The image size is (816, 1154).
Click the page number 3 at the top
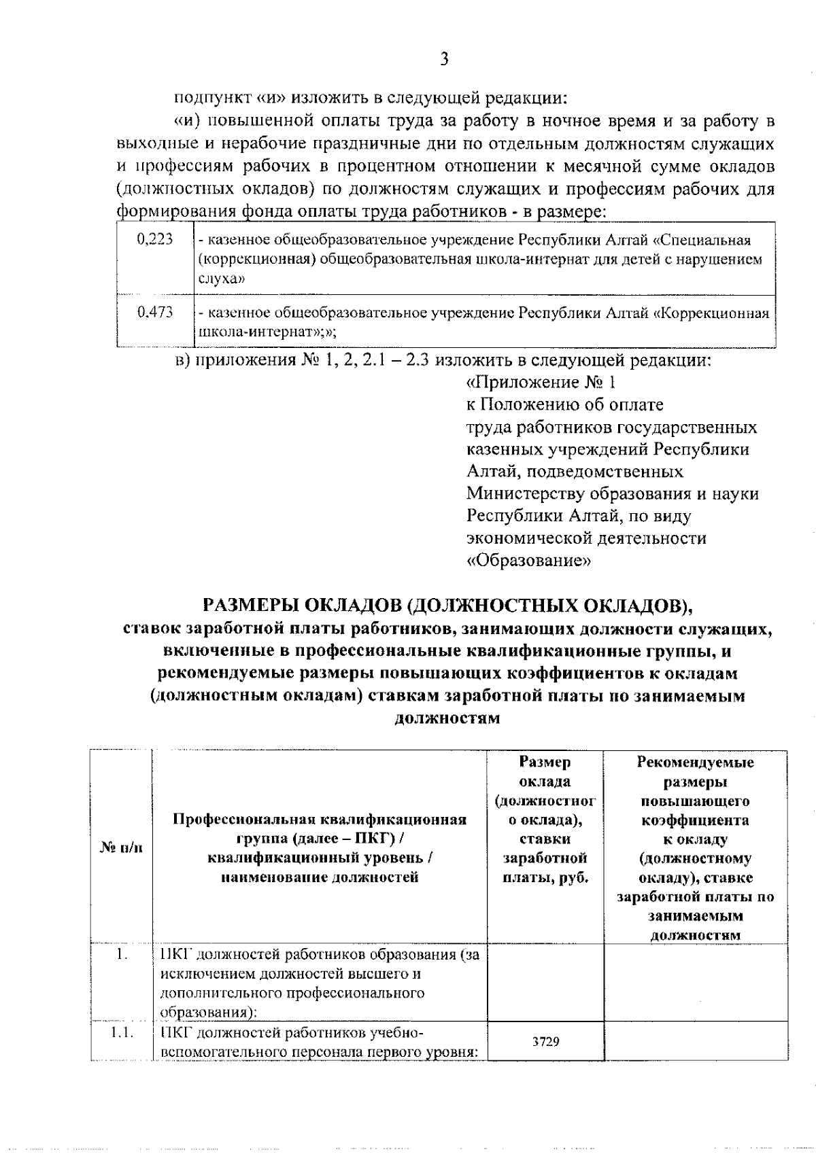click(x=443, y=59)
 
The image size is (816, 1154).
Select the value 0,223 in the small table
click(x=155, y=239)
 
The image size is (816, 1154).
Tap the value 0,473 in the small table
click(x=155, y=313)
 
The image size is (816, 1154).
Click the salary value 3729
click(x=545, y=1041)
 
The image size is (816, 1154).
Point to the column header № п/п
click(x=122, y=847)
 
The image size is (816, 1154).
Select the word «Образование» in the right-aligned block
click(x=528, y=561)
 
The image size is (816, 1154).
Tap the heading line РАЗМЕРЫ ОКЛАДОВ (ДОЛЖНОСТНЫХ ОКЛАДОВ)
click(x=447, y=605)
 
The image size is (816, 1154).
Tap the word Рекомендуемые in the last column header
click(x=695, y=762)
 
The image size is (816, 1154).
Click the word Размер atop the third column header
click(x=545, y=762)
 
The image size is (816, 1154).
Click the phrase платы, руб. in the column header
click(x=545, y=877)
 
